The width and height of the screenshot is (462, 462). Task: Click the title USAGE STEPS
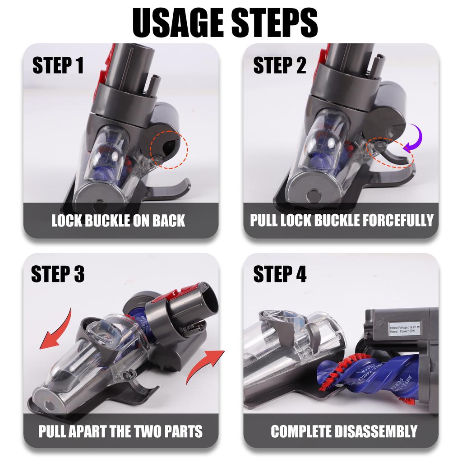(x=225, y=22)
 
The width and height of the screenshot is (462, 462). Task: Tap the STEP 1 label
(x=58, y=66)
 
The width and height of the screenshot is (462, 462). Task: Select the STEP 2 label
(x=279, y=66)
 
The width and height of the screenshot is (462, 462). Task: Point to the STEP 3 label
(x=58, y=274)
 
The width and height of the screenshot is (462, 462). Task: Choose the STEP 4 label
(x=280, y=274)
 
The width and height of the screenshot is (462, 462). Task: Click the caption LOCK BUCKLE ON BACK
(x=118, y=221)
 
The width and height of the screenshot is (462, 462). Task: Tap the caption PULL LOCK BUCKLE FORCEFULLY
(x=342, y=221)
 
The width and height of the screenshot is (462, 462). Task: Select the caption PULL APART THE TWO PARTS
(x=120, y=431)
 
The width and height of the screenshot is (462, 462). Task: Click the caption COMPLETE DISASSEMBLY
(x=344, y=431)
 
